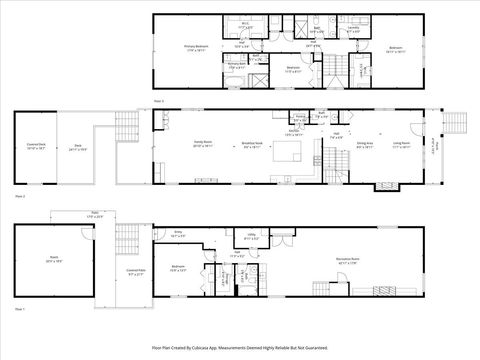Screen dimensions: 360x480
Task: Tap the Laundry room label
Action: (353, 30)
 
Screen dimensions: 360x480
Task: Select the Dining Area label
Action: (365, 143)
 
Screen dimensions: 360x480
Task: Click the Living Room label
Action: (401, 143)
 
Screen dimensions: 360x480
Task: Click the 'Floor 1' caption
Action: (20, 310)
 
